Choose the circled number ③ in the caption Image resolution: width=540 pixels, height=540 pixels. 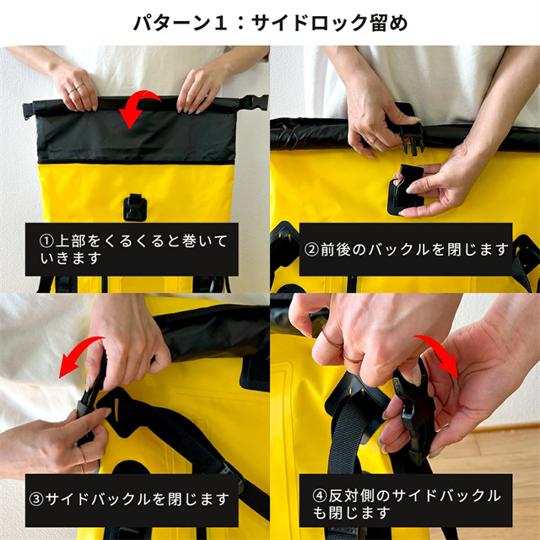(35, 498)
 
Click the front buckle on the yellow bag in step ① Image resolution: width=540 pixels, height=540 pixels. (134, 206)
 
